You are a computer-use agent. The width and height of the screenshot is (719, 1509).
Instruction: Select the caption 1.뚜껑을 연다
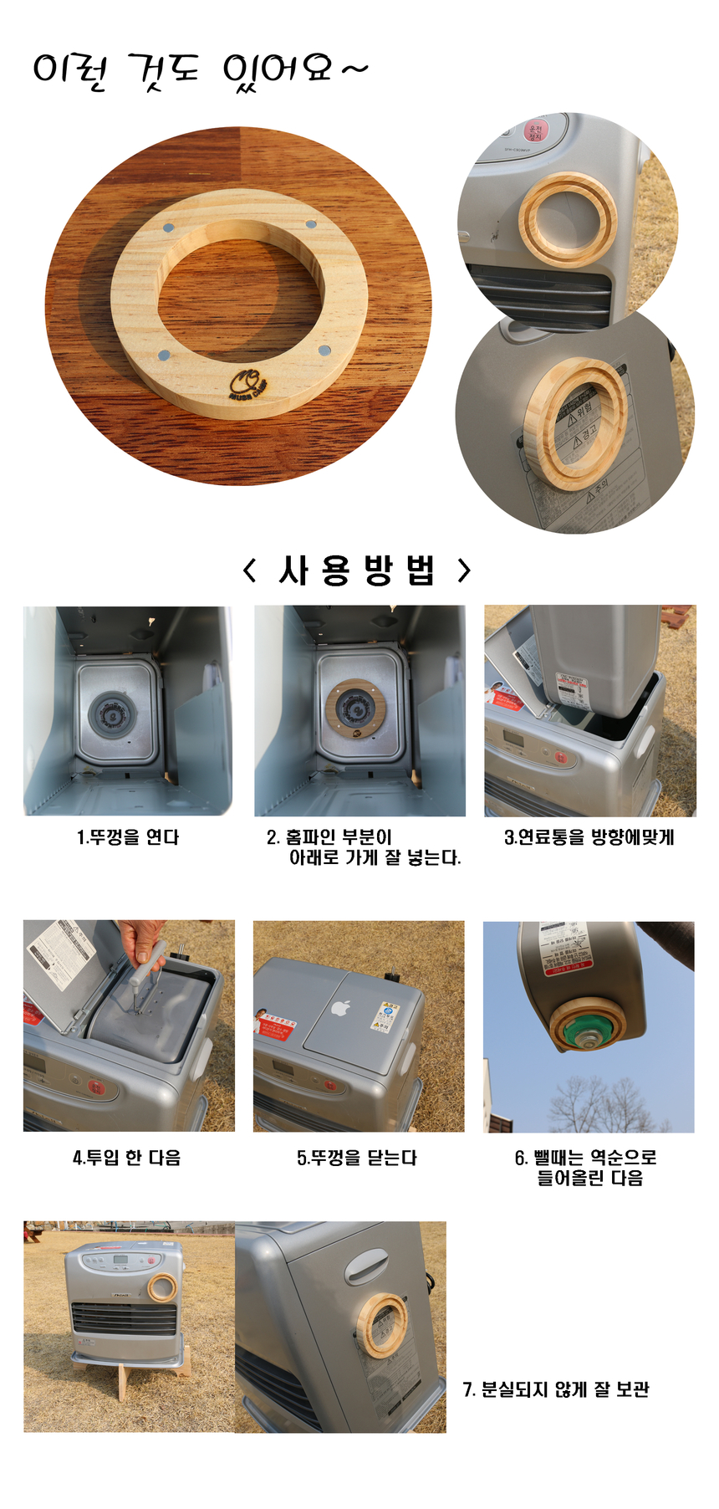pyautogui.click(x=128, y=837)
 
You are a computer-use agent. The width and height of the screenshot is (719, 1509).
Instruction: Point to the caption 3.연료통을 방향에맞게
pyautogui.click(x=589, y=837)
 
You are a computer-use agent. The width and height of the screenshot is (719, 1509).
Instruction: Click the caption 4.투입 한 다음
pyautogui.click(x=127, y=1158)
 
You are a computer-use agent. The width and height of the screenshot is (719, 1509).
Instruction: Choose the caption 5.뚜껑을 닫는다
pyautogui.click(x=357, y=1158)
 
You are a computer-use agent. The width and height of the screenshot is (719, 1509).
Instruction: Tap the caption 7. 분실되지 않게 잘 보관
pyautogui.click(x=556, y=1389)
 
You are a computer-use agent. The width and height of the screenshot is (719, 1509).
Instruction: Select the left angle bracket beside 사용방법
pyautogui.click(x=249, y=570)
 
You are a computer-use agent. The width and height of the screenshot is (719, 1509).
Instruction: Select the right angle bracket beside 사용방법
pyautogui.click(x=465, y=570)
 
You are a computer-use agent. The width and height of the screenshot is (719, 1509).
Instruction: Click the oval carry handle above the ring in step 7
pyautogui.click(x=366, y=1266)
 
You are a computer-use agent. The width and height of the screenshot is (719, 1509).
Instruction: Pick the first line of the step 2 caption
pyautogui.click(x=329, y=836)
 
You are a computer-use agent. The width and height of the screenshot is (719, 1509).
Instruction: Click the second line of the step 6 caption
pyautogui.click(x=589, y=1178)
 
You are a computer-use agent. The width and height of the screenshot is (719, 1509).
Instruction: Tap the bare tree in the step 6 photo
pyautogui.click(x=598, y=1104)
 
